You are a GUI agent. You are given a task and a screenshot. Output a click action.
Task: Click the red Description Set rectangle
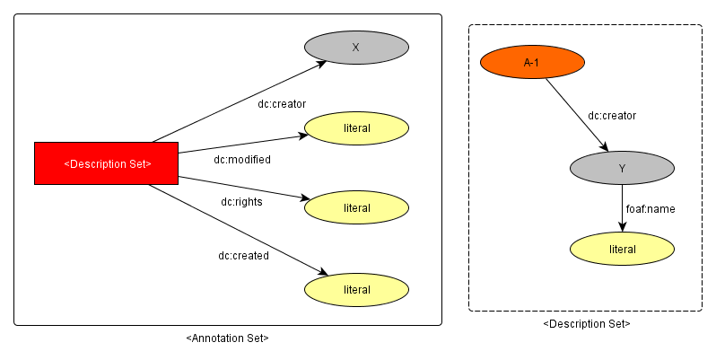[106, 163]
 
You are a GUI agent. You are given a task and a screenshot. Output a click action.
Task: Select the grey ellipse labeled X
[356, 48]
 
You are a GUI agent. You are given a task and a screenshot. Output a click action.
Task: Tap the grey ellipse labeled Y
[622, 168]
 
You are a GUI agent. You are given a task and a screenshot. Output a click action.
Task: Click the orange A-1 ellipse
[533, 62]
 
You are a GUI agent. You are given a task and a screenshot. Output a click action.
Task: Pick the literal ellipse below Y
[622, 249]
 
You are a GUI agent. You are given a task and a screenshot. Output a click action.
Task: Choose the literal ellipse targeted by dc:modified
[356, 127]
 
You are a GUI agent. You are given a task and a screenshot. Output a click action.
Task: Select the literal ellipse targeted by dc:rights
[356, 207]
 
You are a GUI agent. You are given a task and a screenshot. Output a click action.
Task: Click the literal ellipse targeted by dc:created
[356, 289]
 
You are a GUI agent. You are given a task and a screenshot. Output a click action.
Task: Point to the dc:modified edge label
[241, 160]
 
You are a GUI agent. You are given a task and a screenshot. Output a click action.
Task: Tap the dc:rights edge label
[241, 202]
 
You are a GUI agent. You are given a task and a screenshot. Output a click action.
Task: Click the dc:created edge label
[243, 256]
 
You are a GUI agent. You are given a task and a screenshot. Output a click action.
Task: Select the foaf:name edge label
[651, 209]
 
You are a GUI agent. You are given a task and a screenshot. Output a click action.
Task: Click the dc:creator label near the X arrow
[282, 104]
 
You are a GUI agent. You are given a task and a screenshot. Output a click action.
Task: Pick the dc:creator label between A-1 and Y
[612, 116]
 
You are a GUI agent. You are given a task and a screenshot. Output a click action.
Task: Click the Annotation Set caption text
[227, 338]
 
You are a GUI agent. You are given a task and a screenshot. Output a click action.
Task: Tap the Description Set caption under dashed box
[587, 324]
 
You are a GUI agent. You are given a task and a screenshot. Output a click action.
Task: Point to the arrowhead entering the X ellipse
[321, 65]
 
